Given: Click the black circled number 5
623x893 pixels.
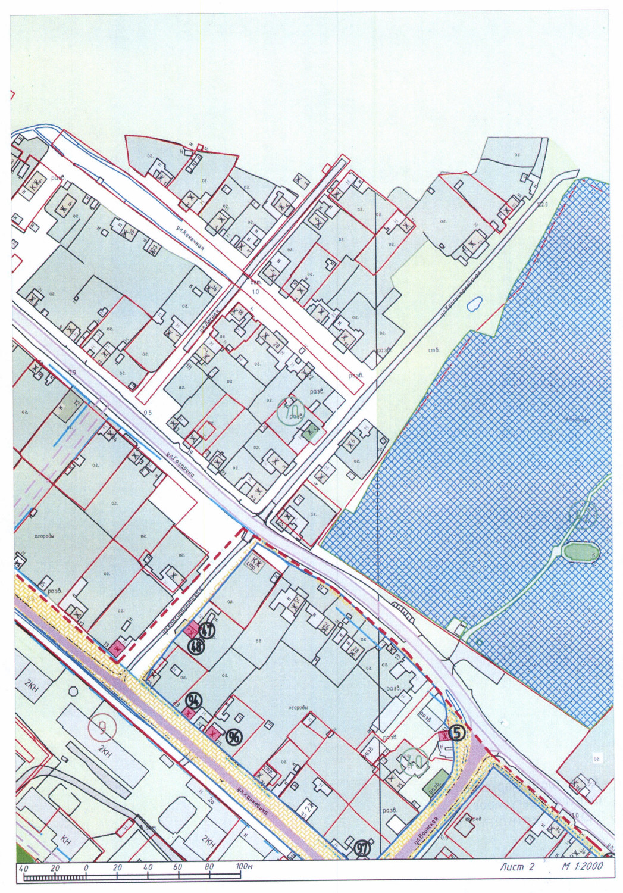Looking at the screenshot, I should coord(457,733).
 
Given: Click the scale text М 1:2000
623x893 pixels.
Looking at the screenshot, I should coord(582,866).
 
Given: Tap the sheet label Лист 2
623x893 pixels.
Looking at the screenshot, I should coord(516,867).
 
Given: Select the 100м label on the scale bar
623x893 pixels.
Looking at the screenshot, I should coord(243,867).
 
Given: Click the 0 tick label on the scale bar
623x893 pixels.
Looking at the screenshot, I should coord(86,867).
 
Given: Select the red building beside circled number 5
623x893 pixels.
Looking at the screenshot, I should coord(444,737).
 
